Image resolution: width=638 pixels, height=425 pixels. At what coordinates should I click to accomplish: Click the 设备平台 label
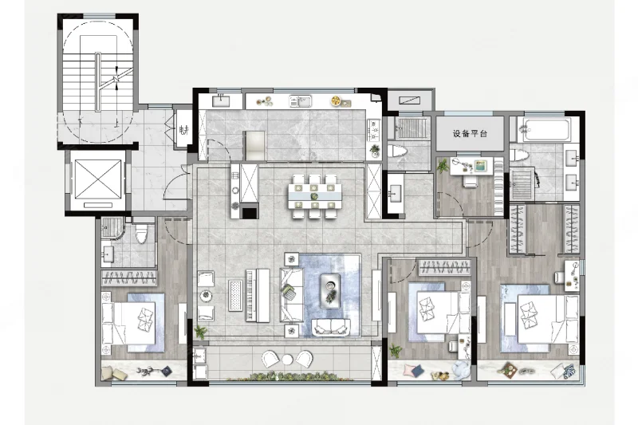point(470,134)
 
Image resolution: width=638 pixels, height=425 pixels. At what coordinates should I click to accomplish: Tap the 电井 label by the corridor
point(184,130)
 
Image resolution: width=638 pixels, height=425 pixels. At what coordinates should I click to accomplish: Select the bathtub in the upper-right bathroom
point(545,130)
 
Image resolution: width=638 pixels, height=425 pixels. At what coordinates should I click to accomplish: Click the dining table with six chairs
point(314,196)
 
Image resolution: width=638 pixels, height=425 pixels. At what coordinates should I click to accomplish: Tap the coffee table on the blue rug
point(330,290)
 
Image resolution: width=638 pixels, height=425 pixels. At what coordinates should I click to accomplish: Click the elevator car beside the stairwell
point(98,180)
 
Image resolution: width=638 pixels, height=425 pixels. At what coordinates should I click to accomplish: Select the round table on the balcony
point(287,359)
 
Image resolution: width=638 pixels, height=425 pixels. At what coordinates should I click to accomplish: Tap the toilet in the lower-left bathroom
point(141,233)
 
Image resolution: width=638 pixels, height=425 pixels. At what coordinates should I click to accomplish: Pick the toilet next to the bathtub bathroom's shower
point(519,155)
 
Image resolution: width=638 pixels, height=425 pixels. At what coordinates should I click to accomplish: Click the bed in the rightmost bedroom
point(548,319)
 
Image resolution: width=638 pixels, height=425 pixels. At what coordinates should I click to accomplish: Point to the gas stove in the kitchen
point(373,130)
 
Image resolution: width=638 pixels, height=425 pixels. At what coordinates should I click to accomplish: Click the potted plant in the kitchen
point(374,151)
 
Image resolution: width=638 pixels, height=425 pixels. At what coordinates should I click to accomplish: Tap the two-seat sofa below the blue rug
point(331,328)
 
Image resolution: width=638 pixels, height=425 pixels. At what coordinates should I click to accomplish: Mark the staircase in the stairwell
point(97,82)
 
